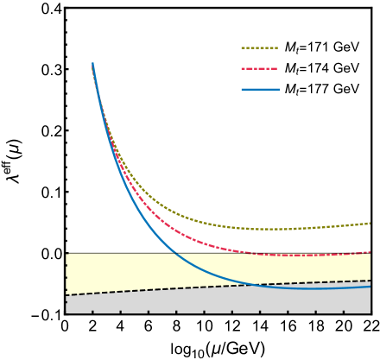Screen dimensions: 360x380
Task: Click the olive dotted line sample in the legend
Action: [259, 48]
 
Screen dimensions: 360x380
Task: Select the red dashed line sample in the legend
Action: [259, 68]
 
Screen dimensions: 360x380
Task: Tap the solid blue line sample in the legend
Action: [259, 89]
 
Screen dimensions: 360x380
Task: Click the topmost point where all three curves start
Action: [92, 63]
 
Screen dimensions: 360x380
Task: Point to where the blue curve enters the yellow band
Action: [175, 253]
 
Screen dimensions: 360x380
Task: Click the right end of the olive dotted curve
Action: [370, 223]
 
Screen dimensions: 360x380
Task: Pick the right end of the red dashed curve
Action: [370, 252]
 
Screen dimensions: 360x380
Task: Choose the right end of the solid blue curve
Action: [370, 287]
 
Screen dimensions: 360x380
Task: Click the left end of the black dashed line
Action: [66, 295]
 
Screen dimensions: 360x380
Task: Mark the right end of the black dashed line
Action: [370, 281]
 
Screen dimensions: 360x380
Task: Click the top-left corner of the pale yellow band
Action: [66, 254]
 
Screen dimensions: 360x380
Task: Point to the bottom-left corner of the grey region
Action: [66, 312]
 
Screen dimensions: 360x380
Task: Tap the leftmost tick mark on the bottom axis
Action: [92, 311]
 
